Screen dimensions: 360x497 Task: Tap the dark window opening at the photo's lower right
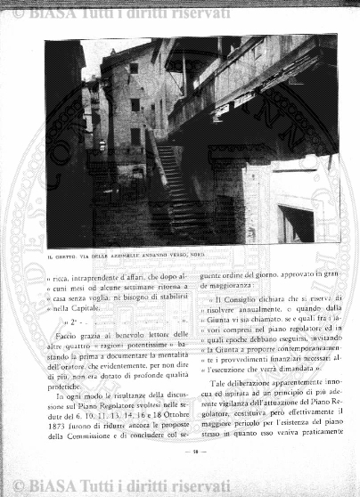295,224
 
